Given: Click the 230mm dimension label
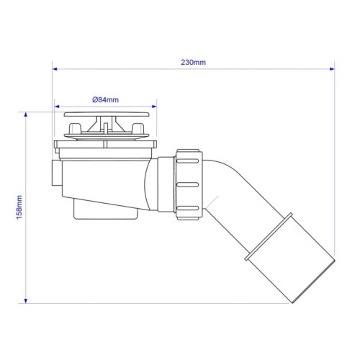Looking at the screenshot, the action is tap(193, 63).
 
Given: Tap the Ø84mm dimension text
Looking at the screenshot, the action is tap(106, 100).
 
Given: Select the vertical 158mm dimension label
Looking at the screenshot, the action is tap(19, 207).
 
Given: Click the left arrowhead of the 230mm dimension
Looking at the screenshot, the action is tap(55, 69).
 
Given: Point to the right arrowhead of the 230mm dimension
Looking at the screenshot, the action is tap(332, 69).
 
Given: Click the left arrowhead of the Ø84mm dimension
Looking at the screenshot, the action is tap(57, 107).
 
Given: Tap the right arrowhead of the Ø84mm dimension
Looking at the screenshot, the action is tap(154, 107).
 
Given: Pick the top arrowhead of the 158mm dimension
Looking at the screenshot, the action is tap(26, 114).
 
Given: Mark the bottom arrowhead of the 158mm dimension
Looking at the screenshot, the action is tap(26, 301).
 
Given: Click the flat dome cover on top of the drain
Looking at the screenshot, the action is tap(107, 114).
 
